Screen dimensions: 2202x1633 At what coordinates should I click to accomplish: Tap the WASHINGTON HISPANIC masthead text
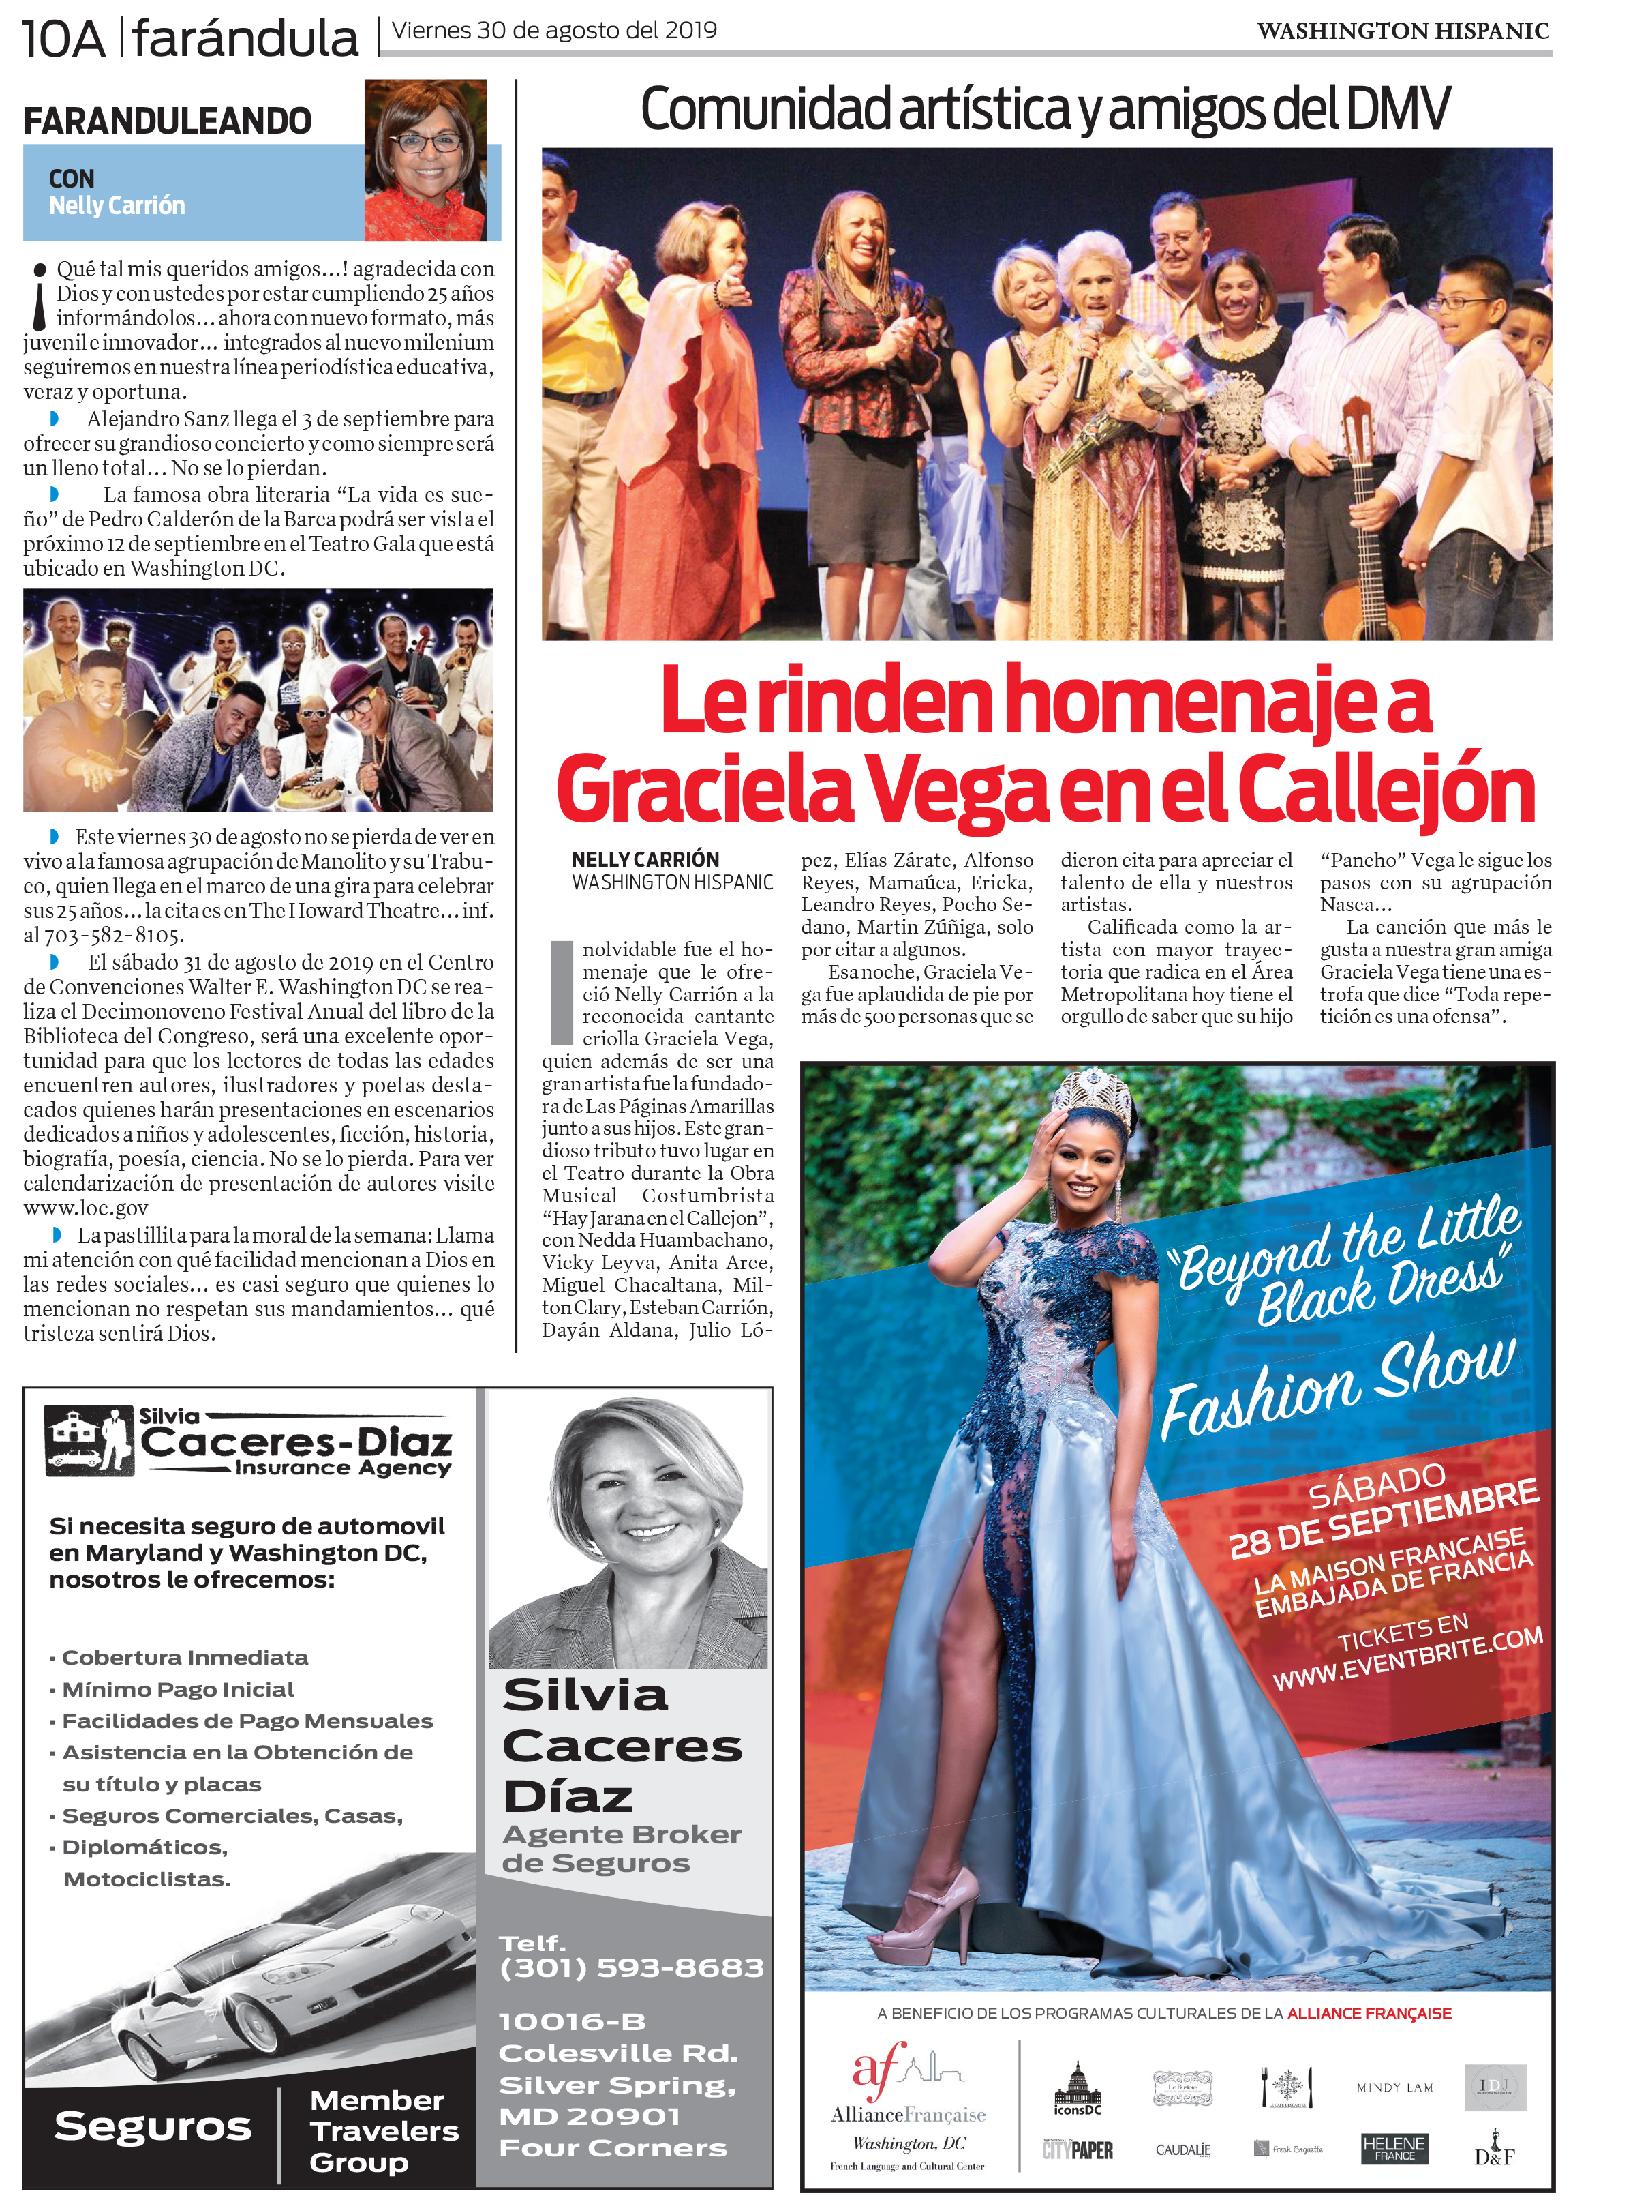1402,31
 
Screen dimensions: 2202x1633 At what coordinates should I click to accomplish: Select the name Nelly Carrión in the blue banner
117,206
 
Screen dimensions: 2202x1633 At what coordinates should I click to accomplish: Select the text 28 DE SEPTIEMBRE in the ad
1384,1518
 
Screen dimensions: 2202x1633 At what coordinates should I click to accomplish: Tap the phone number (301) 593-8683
632,1967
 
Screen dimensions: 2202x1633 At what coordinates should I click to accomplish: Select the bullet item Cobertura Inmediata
185,1657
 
